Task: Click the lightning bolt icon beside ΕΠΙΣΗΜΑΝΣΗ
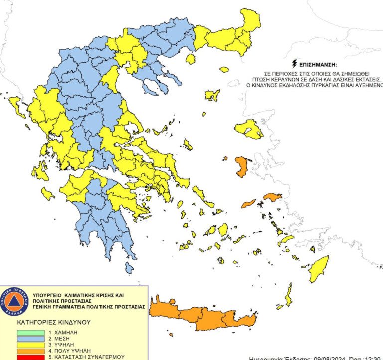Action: [295, 65]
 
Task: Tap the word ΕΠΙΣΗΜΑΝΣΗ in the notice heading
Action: [317, 65]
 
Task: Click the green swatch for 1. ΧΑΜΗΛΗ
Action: [30, 332]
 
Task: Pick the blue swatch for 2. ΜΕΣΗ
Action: [30, 338]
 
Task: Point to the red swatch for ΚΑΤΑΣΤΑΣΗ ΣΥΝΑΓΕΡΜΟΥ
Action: [30, 357]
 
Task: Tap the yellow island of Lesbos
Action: [249, 129]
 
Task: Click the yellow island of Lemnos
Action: [212, 95]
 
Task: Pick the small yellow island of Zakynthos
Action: [47, 193]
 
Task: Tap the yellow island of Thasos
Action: [190, 59]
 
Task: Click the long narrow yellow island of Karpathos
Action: [289, 295]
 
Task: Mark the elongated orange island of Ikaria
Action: [248, 204]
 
